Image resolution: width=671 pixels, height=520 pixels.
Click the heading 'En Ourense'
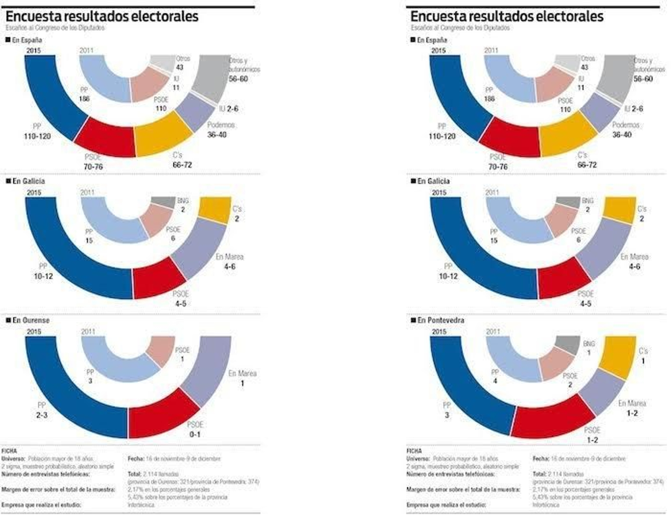31,320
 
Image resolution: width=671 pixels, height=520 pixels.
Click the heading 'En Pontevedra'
440,320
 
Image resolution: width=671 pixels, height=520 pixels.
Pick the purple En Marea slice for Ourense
208,369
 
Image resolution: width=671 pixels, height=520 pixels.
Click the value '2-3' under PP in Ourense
42,415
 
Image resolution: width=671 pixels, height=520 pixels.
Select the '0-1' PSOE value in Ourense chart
195,434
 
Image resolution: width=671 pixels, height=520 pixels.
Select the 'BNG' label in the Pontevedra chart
589,344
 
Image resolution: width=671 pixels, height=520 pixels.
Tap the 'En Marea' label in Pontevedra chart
632,403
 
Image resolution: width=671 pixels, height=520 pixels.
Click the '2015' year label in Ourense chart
34,332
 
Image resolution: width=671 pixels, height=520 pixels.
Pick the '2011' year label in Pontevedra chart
493,332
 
